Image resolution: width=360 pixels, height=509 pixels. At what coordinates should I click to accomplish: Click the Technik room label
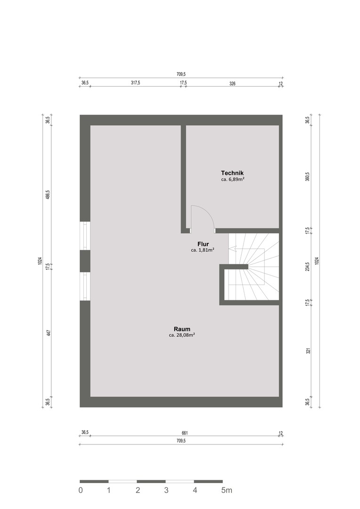232,173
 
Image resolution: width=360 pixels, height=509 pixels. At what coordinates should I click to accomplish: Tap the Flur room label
203,244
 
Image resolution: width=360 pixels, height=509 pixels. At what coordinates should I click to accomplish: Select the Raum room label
182,329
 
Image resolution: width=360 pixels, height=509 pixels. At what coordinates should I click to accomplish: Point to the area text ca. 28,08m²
182,335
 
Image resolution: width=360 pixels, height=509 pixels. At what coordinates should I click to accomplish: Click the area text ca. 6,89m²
232,179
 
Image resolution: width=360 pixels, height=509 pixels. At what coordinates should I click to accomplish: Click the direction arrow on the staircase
247,249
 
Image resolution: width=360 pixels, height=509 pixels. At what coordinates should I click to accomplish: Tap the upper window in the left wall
85,236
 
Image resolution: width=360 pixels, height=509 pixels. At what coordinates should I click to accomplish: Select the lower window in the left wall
85,286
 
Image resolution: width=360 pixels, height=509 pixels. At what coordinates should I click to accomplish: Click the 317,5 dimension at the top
135,83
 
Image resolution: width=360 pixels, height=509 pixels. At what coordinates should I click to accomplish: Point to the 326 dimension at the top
232,83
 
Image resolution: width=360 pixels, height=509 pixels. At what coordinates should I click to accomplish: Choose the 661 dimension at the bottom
185,433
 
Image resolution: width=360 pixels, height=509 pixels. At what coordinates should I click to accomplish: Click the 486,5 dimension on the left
48,195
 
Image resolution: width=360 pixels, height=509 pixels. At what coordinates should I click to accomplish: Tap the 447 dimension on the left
48,333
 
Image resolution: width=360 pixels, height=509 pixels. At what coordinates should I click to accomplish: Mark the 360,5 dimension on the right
308,177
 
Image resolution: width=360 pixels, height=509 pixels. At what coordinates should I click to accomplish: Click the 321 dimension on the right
308,351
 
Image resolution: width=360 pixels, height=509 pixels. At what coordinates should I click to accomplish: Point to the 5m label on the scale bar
227,490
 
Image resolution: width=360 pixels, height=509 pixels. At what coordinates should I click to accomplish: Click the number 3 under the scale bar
166,490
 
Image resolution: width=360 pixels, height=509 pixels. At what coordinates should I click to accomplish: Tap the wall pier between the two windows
85,261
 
